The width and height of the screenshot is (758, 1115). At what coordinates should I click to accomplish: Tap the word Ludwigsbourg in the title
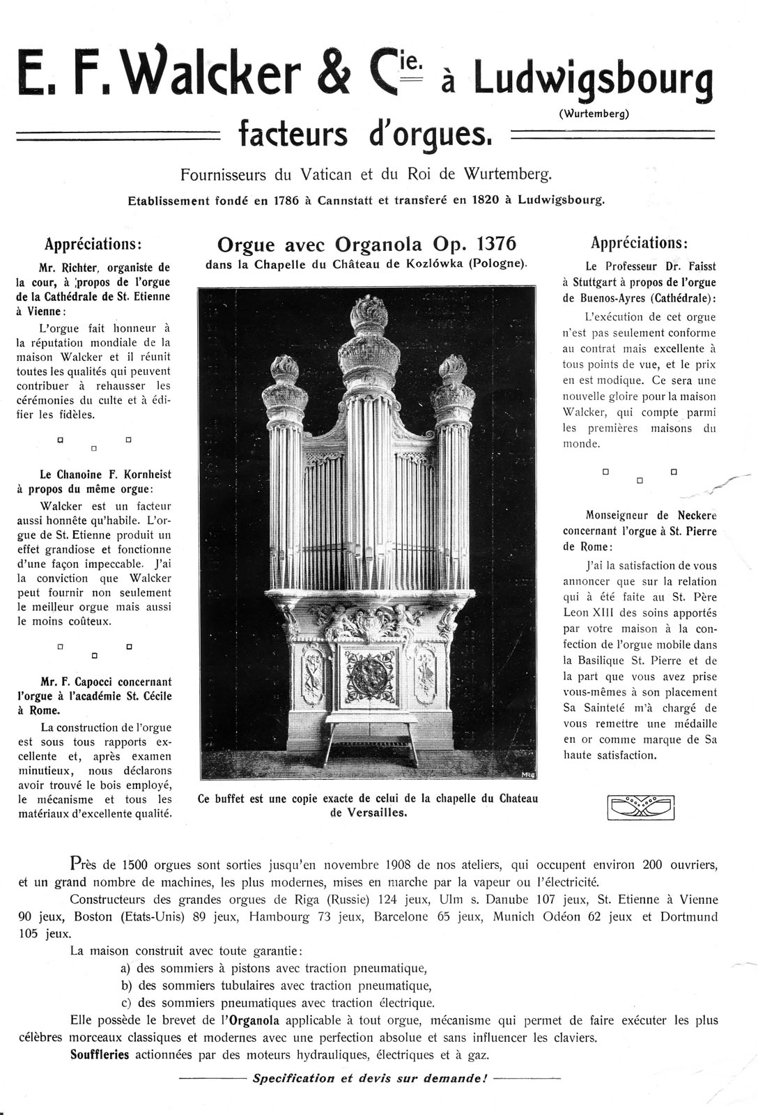[x=594, y=79]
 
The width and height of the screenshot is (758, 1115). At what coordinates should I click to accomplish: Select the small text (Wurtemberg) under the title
[x=594, y=114]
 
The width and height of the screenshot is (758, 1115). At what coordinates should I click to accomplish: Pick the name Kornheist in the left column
[x=144, y=475]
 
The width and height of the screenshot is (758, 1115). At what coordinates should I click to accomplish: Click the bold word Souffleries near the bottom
[x=100, y=1054]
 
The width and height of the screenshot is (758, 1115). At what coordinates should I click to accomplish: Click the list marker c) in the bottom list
[x=126, y=1003]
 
